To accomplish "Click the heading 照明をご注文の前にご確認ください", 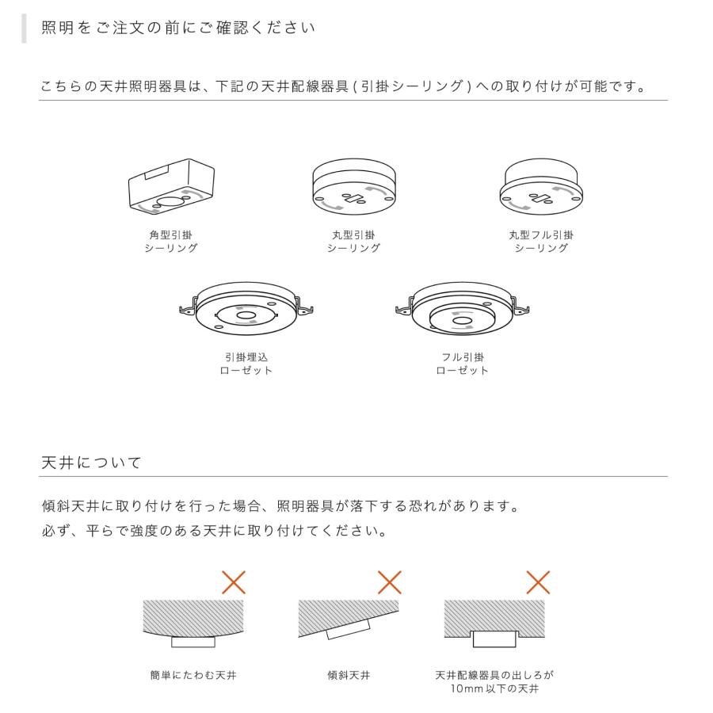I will (178, 28).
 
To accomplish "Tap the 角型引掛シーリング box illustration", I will (173, 188).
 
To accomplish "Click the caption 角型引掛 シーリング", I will (170, 242).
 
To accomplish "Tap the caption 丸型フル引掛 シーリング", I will (541, 242).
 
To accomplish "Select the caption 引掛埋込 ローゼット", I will (246, 364).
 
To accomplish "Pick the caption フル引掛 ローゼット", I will (463, 364).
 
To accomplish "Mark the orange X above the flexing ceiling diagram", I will (233, 583).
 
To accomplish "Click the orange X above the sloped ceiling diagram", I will (389, 583).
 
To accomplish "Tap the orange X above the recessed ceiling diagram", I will (538, 583).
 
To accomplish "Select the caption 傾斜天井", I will (349, 676).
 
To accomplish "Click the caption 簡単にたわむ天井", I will (193, 676).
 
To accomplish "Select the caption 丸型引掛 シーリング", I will (353, 242).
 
